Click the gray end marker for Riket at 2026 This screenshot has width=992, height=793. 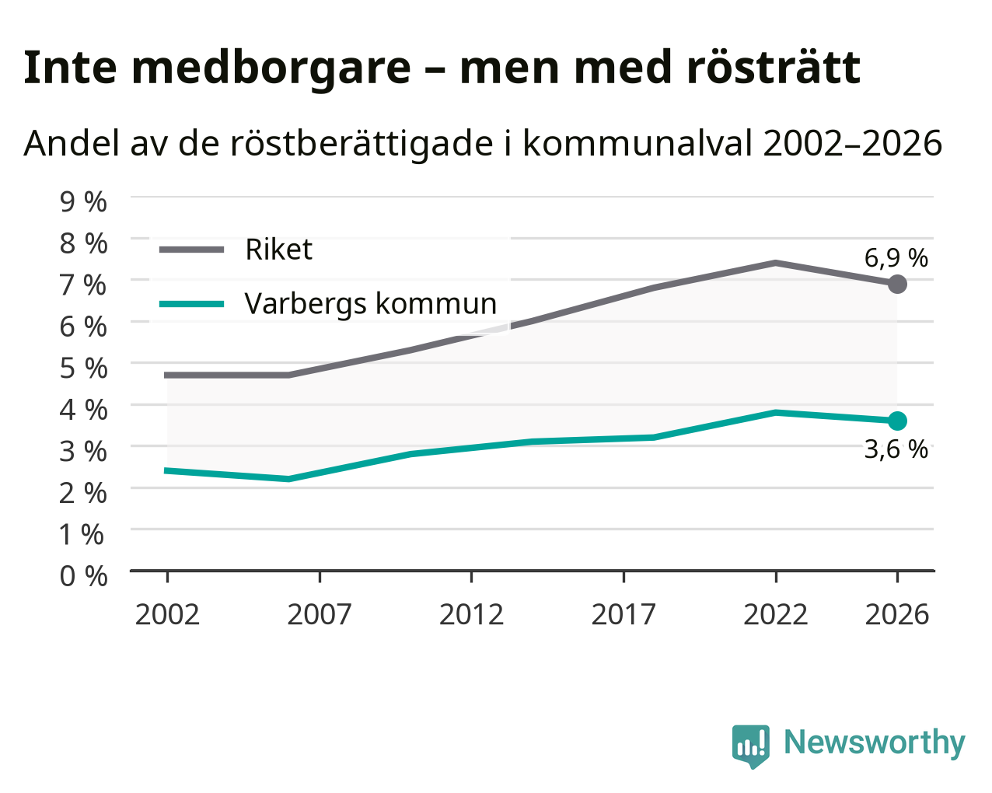tap(897, 284)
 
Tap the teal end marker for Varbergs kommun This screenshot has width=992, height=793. tap(897, 421)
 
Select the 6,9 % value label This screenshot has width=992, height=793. tap(896, 258)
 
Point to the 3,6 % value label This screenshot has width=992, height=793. tap(896, 449)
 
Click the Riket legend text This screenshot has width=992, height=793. tap(279, 250)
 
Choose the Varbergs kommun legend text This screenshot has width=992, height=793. tap(371, 304)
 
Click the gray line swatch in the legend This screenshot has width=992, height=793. tap(192, 250)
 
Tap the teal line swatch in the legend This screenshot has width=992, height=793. tap(192, 304)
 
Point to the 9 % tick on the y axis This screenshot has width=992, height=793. tap(83, 202)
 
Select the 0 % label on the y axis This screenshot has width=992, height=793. tap(83, 576)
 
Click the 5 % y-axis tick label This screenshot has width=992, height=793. tap(83, 369)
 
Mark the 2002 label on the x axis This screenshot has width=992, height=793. tap(167, 614)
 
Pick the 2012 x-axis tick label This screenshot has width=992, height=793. tap(472, 614)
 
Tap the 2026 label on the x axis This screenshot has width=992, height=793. tap(897, 614)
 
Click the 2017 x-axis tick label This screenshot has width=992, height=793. tap(623, 614)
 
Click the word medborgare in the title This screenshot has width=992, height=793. tap(271, 69)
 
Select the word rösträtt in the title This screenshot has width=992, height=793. tap(774, 68)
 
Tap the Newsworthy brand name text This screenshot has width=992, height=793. tap(875, 742)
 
